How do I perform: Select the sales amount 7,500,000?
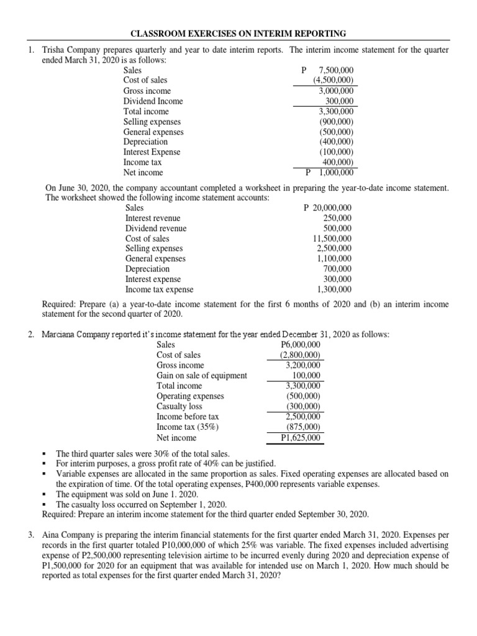click(x=335, y=71)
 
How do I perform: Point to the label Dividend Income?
click(x=153, y=101)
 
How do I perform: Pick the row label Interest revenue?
click(x=153, y=218)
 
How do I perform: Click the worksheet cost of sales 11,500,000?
click(x=332, y=238)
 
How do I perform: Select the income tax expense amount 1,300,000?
click(x=334, y=289)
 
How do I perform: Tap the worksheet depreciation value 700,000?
click(x=337, y=269)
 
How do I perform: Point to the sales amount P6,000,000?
click(x=301, y=345)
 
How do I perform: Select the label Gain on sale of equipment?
click(x=202, y=375)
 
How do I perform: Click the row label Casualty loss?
click(x=179, y=406)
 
